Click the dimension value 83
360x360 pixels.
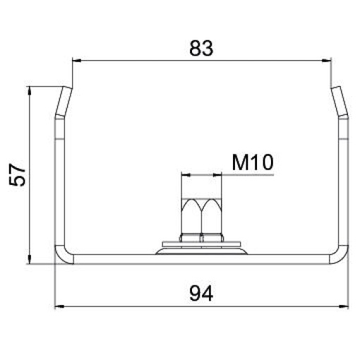(201, 49)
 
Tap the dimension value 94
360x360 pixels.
(201, 293)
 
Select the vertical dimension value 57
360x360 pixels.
(17, 174)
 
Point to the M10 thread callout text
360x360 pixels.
(253, 162)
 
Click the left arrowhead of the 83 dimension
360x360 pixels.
(77, 61)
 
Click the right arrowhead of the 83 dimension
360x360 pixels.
(327, 61)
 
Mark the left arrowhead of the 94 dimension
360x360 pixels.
(59, 306)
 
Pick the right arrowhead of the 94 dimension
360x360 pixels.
(344, 306)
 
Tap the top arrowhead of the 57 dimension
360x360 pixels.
(30, 91)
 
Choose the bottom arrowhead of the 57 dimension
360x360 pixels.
(30, 259)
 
